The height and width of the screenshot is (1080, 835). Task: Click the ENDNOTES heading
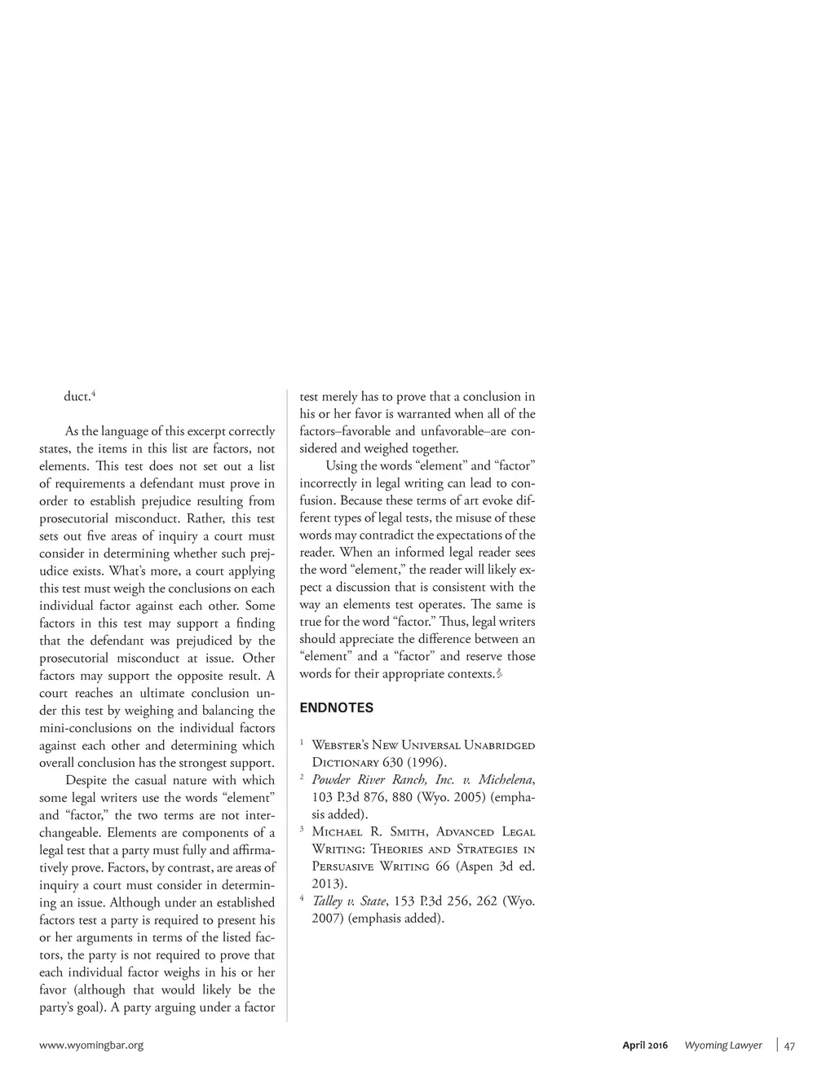click(336, 708)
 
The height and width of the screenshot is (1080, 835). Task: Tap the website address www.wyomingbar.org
click(91, 1045)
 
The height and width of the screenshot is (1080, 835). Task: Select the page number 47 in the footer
click(789, 1046)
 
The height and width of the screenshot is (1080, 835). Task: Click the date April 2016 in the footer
click(644, 1045)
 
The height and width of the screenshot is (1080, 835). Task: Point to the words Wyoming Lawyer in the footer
click(722, 1045)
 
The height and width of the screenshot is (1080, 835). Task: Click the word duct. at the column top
click(77, 397)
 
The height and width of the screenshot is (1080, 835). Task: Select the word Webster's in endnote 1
click(340, 745)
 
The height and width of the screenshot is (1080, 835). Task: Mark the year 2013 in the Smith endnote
click(328, 884)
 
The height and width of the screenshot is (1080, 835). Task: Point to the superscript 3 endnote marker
click(302, 830)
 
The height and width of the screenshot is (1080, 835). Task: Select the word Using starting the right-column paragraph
click(342, 465)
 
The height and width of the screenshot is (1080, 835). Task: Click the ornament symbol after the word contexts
click(499, 674)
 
